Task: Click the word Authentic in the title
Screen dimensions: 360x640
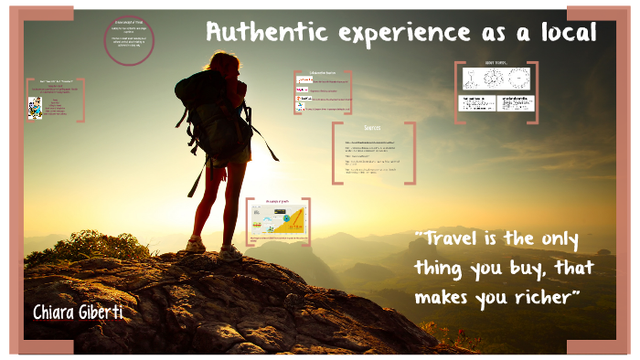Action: (x=258, y=33)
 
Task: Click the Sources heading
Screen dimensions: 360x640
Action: (x=372, y=128)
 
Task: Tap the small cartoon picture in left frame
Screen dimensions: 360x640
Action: (x=35, y=107)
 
